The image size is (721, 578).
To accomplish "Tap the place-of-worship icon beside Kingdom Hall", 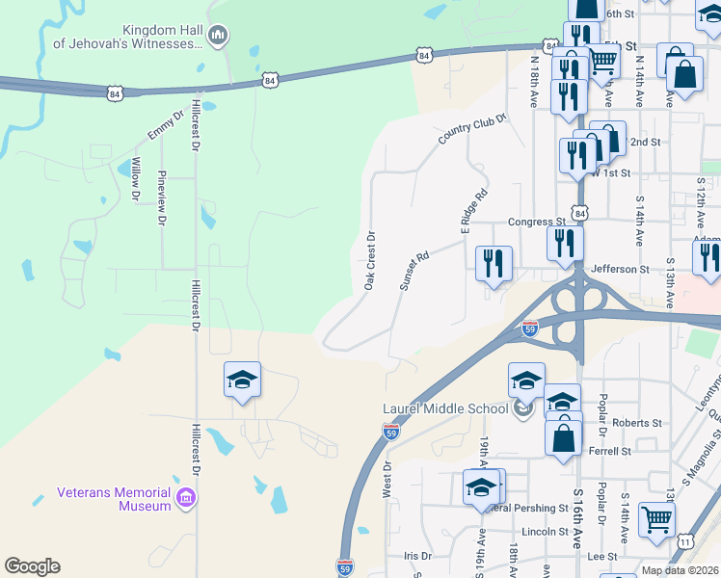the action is (217, 37).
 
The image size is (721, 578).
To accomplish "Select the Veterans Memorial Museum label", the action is (114, 498).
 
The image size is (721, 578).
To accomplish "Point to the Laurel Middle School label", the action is (445, 408).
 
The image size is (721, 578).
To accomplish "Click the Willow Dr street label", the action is (136, 179).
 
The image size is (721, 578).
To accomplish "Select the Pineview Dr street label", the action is (161, 198).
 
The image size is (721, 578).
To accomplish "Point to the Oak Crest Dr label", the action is (369, 260).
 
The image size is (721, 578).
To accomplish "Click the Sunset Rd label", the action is (414, 272).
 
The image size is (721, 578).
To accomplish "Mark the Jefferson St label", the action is (620, 270).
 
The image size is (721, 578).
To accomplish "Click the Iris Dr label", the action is (417, 556).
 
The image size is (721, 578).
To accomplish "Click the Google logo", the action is (33, 566).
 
